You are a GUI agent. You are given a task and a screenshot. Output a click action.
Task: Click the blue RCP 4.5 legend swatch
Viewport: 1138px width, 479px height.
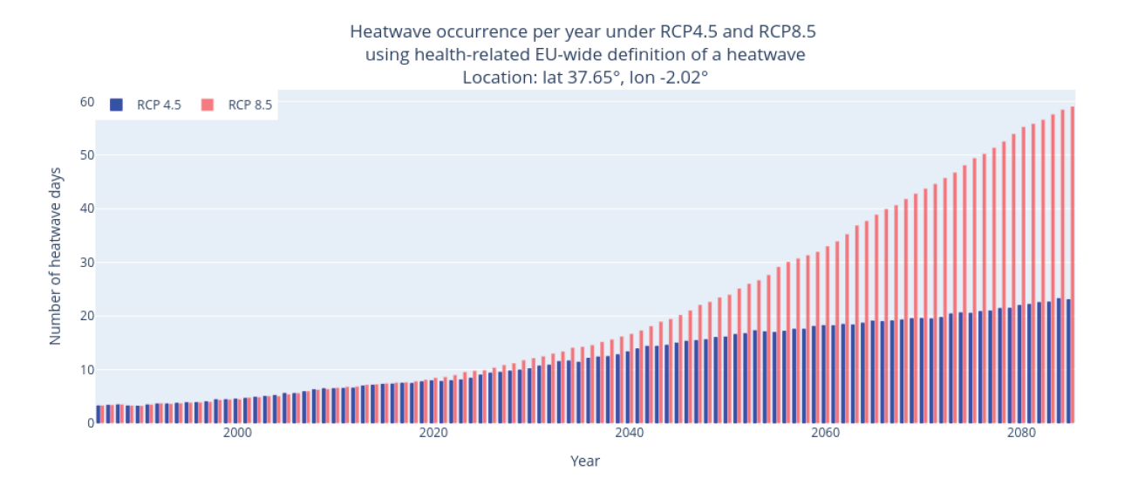point(116,105)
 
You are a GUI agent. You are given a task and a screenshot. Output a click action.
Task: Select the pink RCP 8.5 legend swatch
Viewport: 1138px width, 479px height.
point(208,105)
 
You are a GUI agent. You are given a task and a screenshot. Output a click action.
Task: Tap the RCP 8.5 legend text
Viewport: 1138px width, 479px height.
point(250,105)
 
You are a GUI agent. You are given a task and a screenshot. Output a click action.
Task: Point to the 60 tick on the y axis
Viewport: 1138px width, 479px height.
point(87,102)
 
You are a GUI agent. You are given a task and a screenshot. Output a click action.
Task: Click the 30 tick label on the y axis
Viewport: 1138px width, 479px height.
point(87,263)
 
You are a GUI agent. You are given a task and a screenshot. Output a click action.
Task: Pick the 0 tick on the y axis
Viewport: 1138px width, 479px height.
point(91,423)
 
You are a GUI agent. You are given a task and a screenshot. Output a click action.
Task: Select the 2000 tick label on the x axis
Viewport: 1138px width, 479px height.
point(237,433)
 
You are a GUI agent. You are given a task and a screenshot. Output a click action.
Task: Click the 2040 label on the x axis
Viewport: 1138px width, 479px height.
point(630,433)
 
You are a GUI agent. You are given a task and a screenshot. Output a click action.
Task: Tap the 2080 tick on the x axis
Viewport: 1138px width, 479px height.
point(1022,433)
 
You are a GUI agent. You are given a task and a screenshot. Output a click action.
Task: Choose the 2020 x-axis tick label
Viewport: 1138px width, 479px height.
point(433,433)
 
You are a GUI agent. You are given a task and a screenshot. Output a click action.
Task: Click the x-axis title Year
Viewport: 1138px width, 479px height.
point(585,462)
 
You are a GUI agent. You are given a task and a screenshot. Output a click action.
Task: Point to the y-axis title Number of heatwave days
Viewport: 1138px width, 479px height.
point(55,257)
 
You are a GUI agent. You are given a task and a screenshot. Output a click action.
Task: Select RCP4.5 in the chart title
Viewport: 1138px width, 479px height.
point(689,31)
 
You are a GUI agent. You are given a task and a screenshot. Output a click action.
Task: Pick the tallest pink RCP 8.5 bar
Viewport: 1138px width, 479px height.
point(1072,265)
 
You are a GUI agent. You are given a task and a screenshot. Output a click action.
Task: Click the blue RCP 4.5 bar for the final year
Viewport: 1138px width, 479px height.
point(1068,361)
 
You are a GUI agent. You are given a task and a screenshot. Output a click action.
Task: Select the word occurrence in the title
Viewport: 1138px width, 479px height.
point(481,31)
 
